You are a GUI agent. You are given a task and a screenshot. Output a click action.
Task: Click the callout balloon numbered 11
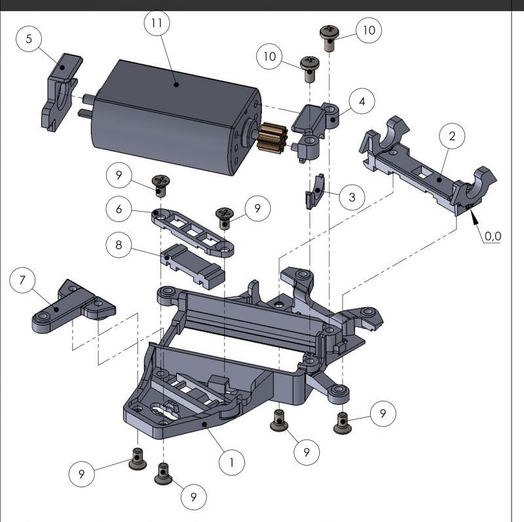point(157,23)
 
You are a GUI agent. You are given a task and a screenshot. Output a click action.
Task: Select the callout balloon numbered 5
point(29,39)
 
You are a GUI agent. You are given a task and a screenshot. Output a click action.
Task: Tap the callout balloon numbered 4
point(362,102)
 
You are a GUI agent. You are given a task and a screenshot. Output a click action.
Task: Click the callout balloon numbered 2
point(452,136)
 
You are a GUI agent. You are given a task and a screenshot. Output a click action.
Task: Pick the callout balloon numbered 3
point(352,197)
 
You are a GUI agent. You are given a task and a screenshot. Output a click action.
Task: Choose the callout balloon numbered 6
point(119,209)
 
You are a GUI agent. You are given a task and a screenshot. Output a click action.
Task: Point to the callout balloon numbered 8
point(119,245)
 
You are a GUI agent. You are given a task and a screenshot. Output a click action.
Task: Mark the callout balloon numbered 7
point(22,280)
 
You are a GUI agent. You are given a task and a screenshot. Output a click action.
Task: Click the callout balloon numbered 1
point(232,462)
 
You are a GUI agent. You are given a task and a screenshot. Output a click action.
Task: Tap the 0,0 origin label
point(493,236)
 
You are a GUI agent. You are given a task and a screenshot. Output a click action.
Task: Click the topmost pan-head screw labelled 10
point(329,38)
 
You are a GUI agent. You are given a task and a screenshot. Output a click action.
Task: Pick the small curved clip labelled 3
point(315,191)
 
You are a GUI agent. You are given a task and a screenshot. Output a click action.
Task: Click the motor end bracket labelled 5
point(60,92)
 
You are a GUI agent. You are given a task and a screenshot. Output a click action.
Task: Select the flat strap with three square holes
point(193,233)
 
